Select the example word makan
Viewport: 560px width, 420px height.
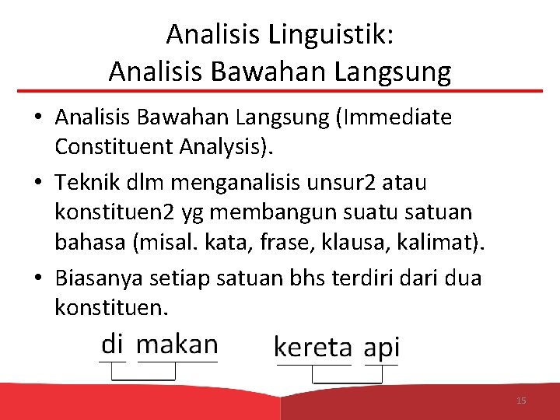(177, 344)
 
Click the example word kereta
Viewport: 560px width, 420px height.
(313, 348)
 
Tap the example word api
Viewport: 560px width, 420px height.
(382, 348)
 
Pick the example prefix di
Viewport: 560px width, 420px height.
(113, 343)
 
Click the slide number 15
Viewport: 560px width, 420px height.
(521, 401)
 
